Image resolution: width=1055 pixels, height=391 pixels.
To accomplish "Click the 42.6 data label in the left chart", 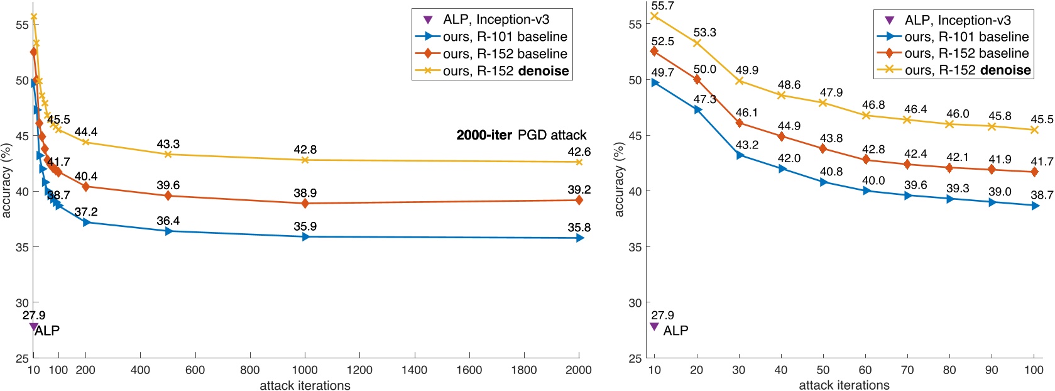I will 579,151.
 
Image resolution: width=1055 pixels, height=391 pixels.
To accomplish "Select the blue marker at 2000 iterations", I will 579,238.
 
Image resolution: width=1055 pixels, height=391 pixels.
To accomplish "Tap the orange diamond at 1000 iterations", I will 305,203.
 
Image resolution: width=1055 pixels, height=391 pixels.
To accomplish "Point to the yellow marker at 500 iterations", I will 168,154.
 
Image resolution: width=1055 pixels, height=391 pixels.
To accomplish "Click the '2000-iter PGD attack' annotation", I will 521,135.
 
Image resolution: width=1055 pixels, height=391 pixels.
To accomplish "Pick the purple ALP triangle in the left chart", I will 33,327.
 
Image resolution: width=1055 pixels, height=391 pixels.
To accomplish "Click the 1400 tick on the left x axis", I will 414,370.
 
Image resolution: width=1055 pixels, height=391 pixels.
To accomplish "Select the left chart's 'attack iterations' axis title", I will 305,385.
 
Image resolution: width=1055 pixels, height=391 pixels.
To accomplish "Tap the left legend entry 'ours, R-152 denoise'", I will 505,71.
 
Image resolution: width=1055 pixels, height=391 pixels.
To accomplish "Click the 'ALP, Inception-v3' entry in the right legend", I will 958,20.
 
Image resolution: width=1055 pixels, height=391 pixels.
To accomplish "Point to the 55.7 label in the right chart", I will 662,6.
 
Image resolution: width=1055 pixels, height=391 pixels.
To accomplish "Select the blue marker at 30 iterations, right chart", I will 740,155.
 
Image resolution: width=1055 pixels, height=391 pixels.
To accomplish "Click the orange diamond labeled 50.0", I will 697,79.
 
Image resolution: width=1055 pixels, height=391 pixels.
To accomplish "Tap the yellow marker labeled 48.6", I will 782,95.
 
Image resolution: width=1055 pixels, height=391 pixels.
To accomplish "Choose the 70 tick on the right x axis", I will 907,370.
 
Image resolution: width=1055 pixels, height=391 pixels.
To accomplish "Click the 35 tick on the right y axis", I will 635,247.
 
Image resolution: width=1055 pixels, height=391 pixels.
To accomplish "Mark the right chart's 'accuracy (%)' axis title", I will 619,180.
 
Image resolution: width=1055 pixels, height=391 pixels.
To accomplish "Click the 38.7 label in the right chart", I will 1041,196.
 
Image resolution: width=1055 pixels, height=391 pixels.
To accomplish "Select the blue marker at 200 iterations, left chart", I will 86,222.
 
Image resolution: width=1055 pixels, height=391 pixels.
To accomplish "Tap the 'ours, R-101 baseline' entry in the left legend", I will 505,36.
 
